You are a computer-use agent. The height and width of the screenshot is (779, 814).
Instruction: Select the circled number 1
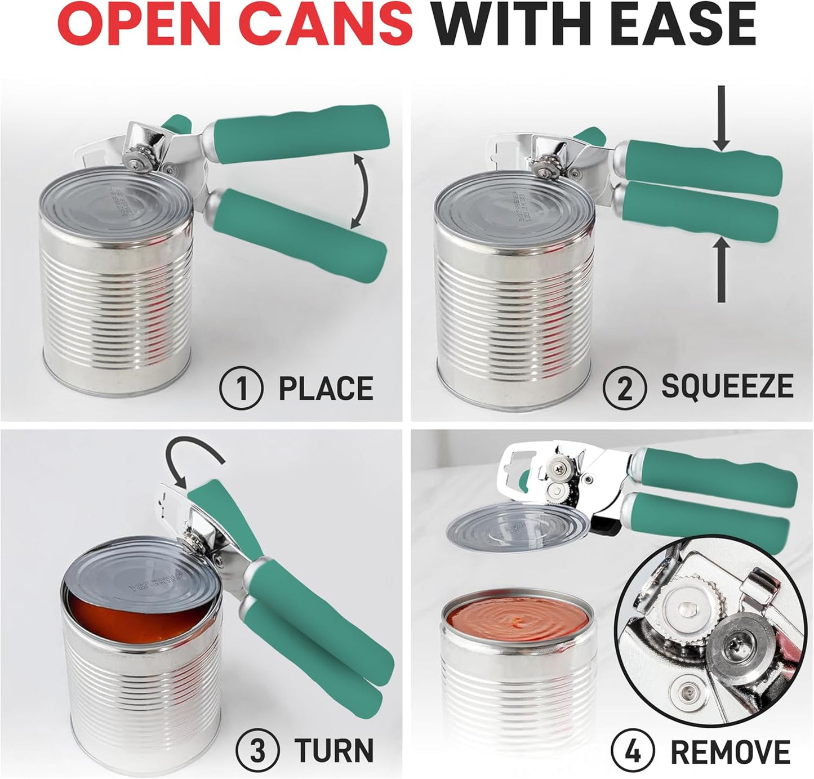241,388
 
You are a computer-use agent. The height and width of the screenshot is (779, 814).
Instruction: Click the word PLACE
326,389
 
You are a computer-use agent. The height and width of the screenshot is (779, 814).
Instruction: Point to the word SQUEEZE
727,386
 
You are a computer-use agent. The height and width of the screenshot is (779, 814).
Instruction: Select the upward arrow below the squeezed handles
721,270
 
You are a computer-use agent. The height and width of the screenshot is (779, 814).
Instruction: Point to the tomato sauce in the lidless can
515,620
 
